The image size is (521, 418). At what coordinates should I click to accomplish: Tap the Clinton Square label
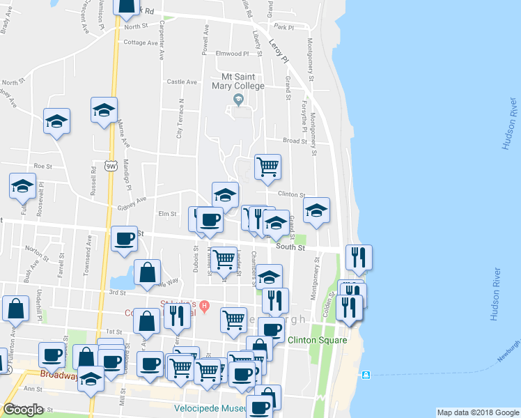tap(318, 340)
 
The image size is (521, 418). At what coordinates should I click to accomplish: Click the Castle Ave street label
tap(182, 82)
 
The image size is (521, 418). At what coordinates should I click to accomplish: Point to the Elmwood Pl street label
tap(232, 54)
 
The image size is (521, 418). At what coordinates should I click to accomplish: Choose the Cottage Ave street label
tap(141, 42)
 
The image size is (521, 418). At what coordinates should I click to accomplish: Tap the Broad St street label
tap(295, 141)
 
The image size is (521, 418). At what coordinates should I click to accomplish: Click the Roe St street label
tap(43, 166)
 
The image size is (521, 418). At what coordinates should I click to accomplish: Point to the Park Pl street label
tap(284, 26)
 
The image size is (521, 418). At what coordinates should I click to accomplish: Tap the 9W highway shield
tap(110, 165)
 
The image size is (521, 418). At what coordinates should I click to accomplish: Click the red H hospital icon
tap(204, 305)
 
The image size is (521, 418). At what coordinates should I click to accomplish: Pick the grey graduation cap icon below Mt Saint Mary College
tap(238, 100)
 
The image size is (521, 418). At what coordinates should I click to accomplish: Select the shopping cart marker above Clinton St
tap(267, 167)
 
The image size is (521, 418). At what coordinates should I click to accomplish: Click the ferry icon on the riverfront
tap(366, 376)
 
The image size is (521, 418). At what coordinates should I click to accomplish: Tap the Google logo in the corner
tap(23, 410)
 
